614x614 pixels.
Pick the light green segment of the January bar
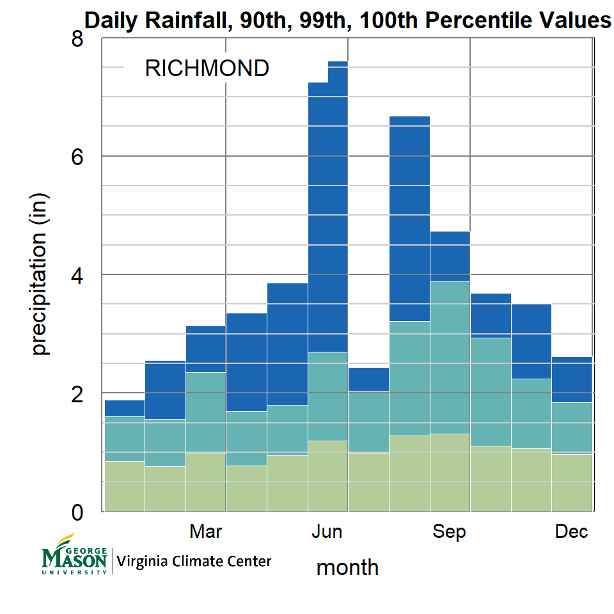(x=124, y=486)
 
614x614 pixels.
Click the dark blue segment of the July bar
(x=368, y=379)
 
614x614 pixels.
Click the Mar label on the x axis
(x=206, y=531)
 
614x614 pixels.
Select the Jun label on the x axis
(x=327, y=531)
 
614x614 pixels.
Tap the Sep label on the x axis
(x=449, y=531)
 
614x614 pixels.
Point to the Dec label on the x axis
(x=571, y=531)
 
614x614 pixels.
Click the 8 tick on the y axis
(x=77, y=40)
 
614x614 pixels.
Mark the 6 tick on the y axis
(x=77, y=157)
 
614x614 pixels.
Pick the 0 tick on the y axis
(x=77, y=512)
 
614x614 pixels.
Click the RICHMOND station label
(x=207, y=68)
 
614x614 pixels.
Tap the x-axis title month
(x=347, y=567)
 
